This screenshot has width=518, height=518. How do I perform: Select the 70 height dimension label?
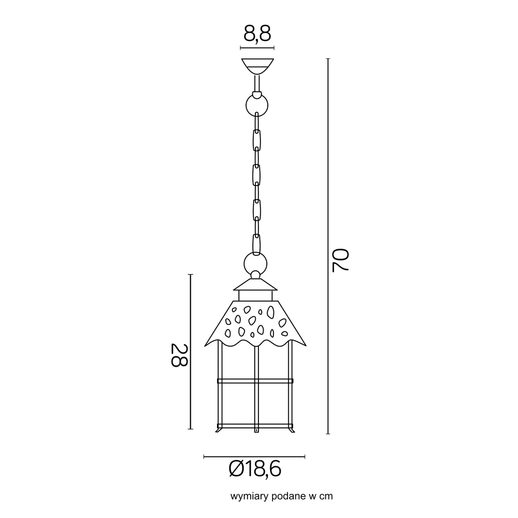pos(341,261)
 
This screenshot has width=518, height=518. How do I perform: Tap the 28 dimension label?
pos(179,355)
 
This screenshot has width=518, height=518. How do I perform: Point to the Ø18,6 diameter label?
pos(255,468)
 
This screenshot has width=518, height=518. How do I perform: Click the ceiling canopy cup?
pos(257,67)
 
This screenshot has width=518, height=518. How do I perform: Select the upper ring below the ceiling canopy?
pos(257,105)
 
